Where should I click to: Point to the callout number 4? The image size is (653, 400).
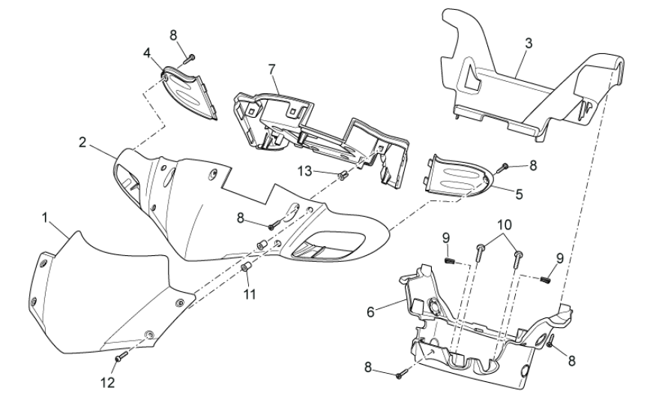(147, 53)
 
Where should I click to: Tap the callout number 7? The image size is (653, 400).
(271, 69)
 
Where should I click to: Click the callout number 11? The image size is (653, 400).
(249, 294)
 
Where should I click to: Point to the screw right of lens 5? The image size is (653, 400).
(504, 166)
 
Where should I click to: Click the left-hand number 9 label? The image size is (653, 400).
(445, 240)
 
